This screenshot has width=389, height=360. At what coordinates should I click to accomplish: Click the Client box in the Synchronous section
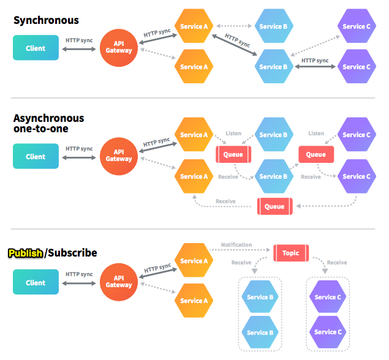pos(36,48)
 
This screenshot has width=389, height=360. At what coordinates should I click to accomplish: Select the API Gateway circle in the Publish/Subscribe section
pos(118,282)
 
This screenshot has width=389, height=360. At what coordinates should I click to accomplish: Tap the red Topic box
pos(290,253)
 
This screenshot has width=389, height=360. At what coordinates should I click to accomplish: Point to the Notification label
pos(236,245)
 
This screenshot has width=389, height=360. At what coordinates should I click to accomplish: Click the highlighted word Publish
pos(25,253)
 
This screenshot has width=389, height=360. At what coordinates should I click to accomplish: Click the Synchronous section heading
pos(46,21)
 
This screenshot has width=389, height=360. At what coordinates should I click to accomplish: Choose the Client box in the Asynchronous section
pos(36,157)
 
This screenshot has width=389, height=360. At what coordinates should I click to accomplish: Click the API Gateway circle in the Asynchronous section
pos(118,156)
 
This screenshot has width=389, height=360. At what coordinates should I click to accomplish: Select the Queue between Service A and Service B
pos(233,154)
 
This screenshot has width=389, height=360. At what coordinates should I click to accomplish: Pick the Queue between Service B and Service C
pos(315,154)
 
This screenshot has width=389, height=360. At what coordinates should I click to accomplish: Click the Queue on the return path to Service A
pos(274,206)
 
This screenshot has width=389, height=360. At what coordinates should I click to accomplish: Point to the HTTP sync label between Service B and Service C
pos(315,61)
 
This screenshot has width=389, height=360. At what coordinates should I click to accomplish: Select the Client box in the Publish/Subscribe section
pos(36,283)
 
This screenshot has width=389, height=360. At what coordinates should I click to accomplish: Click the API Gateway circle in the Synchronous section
pos(118,47)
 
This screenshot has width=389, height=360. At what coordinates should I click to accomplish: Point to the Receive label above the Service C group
pos(336,263)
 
